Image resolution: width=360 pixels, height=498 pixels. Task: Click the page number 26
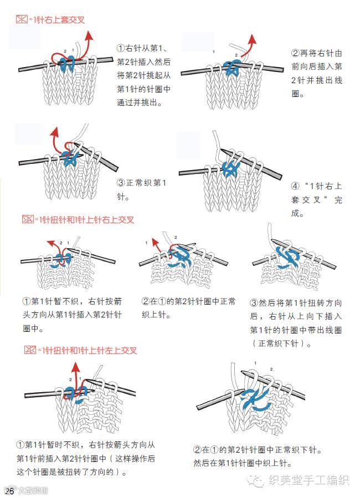click(9, 491)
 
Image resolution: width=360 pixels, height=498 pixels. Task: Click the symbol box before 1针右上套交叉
click(22, 20)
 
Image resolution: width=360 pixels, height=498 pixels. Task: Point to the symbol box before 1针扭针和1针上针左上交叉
click(30, 350)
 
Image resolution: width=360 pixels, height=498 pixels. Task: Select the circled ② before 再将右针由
click(295, 53)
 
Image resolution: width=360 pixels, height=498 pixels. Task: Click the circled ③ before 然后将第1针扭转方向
click(255, 302)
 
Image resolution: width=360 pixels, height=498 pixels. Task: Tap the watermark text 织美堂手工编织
click(308, 480)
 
